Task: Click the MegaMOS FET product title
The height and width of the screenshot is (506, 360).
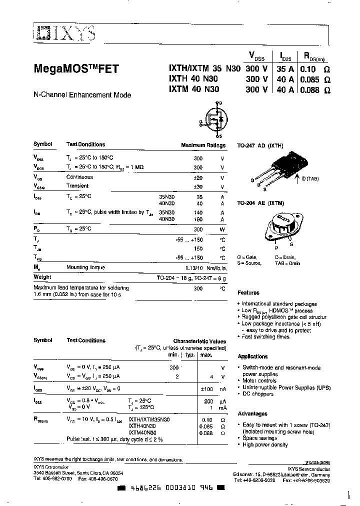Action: [76, 70]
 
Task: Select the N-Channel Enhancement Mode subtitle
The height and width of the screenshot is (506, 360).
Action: [82, 94]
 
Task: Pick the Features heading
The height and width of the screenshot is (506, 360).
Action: [248, 293]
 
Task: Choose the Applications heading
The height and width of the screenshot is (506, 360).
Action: [252, 356]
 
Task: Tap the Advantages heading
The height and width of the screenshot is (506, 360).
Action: [252, 414]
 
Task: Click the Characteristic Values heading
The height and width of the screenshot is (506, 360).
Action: [199, 340]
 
